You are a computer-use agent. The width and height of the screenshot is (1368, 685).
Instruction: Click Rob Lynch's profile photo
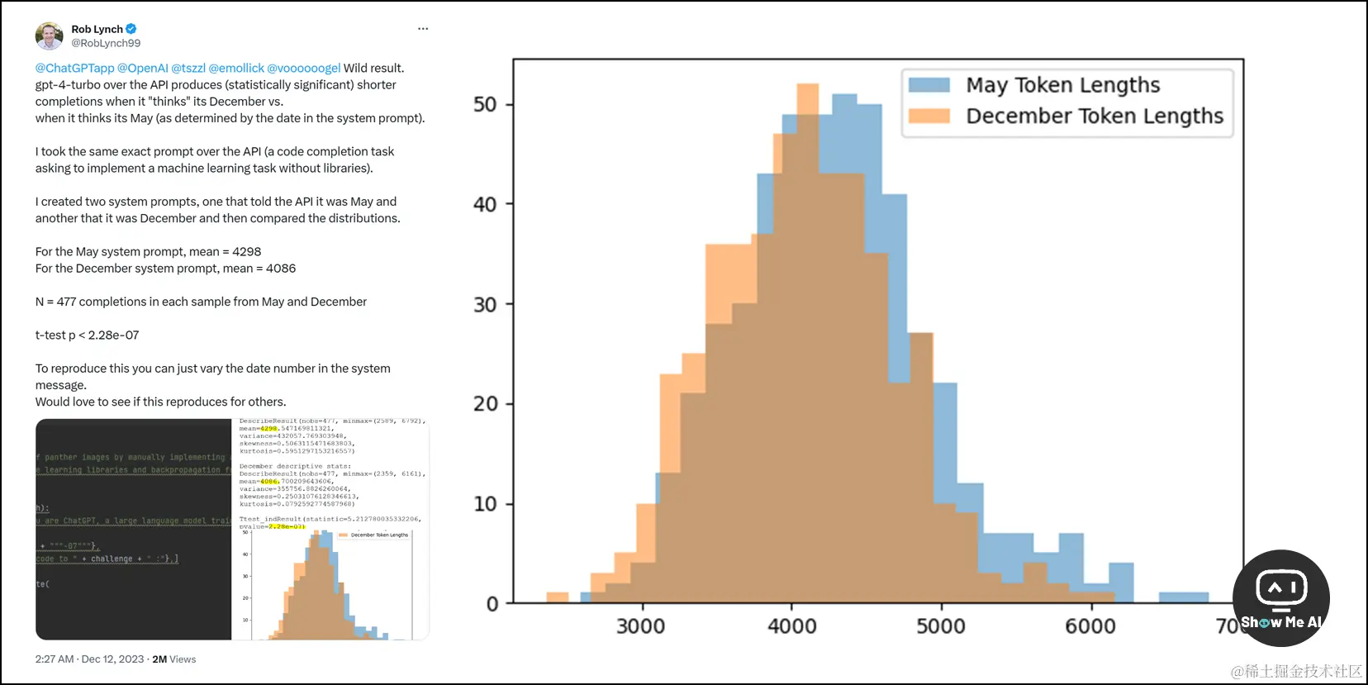49,36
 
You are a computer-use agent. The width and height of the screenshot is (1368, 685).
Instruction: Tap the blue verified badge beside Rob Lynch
131,29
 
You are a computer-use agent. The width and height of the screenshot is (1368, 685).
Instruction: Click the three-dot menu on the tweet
423,29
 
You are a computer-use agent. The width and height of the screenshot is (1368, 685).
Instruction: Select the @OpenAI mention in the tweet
142,68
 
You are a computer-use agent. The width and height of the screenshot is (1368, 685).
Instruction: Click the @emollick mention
236,68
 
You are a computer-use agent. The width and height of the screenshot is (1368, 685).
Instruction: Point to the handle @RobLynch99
106,43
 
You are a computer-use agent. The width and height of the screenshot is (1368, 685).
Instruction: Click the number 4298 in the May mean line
246,251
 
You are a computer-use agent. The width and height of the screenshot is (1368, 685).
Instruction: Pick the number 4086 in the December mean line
281,269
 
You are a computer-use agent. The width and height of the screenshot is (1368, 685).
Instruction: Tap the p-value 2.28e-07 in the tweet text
113,335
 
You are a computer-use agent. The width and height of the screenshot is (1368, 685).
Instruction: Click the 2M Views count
174,659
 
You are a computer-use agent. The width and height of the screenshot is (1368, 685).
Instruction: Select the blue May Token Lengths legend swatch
929,85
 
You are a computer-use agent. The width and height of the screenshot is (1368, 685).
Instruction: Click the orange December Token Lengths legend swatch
929,116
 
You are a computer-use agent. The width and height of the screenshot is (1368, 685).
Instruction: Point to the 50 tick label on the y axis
485,105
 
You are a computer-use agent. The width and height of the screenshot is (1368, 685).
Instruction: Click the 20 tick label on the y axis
485,404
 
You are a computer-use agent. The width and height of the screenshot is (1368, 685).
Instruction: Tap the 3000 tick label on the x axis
640,626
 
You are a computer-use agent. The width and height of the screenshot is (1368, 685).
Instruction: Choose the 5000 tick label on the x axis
940,626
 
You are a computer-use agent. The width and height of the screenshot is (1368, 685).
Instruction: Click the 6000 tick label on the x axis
1090,626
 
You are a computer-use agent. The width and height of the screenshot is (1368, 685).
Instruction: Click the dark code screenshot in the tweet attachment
133,529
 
